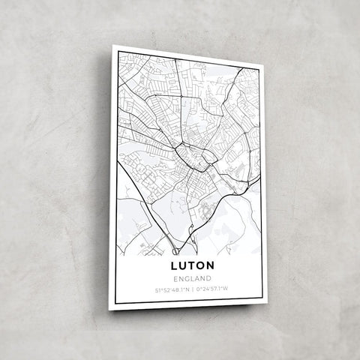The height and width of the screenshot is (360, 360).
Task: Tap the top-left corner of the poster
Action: [x=113, y=46]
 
